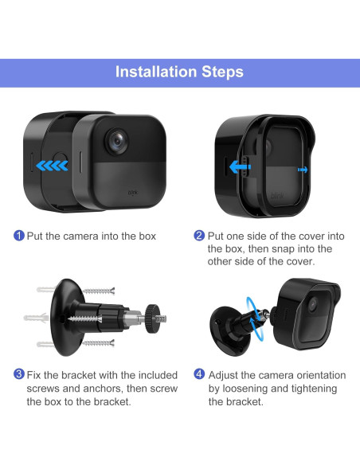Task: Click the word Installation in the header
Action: pos(156,72)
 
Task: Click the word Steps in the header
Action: pos(223,72)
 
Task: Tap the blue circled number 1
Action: pos(19,236)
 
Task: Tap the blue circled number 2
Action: pos(199,236)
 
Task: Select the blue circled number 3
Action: pos(19,374)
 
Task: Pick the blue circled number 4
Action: pos(199,374)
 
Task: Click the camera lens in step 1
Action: pos(117,142)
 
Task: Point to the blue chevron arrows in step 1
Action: pos(53,166)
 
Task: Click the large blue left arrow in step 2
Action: pos(241,167)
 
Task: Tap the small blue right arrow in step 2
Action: pos(303,170)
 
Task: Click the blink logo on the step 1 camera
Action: pos(132,193)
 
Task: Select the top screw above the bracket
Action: pos(99,291)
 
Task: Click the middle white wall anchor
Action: pos(36,318)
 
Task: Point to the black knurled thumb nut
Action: pos(153,318)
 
